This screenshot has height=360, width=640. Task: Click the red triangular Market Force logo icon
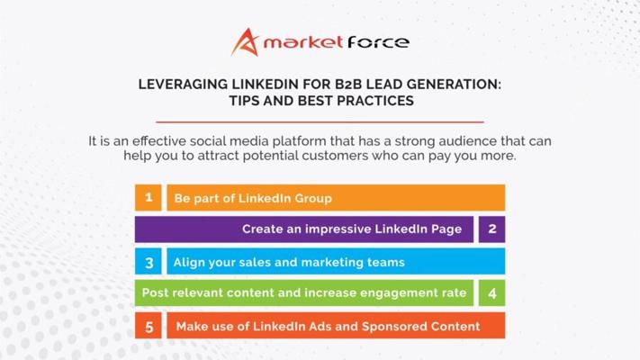click(246, 42)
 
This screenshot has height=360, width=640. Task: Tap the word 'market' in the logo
click(302, 42)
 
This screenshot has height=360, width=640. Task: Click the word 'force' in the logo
click(378, 42)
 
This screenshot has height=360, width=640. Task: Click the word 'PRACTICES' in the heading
click(375, 101)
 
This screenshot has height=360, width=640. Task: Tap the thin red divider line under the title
click(320, 121)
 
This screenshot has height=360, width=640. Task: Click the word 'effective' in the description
click(159, 141)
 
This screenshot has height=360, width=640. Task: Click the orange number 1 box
click(149, 198)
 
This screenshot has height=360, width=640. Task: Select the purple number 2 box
click(491, 229)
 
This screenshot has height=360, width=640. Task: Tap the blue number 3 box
click(149, 261)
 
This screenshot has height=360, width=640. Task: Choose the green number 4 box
click(491, 292)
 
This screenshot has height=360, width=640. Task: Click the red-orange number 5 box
click(149, 326)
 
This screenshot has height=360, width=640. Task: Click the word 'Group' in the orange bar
click(313, 199)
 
